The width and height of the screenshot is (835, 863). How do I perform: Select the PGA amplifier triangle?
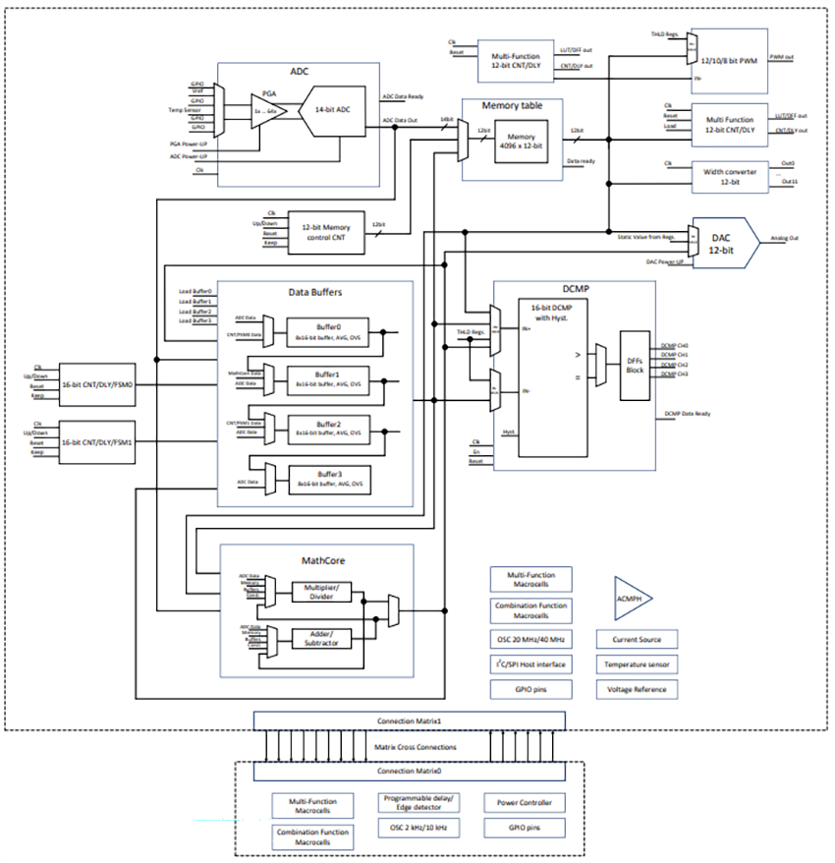262,112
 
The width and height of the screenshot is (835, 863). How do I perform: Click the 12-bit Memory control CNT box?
325,232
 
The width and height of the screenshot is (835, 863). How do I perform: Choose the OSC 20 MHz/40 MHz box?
530,639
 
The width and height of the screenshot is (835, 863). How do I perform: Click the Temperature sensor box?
637,664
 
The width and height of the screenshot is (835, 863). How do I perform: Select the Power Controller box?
524,803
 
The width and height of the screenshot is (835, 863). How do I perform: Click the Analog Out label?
785,237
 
